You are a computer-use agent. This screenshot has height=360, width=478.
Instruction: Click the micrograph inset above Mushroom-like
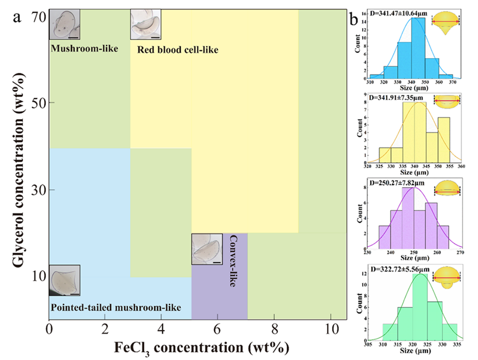(65, 25)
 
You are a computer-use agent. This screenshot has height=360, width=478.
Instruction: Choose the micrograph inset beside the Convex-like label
(207, 249)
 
